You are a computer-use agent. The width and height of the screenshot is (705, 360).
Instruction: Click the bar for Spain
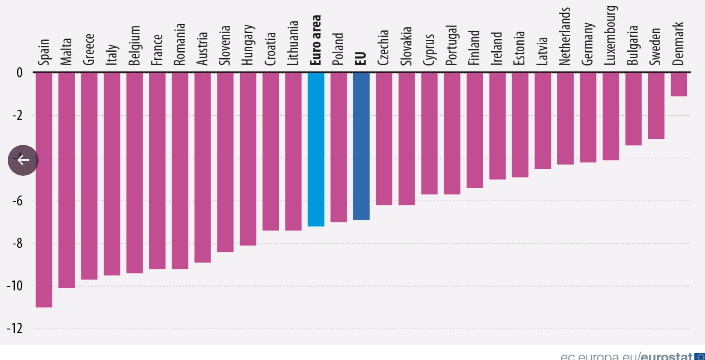44,189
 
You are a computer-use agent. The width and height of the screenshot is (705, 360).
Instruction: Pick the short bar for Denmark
679,84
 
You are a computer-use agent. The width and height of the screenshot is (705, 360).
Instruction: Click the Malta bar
67,180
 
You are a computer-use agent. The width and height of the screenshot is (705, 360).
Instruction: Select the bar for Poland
339,147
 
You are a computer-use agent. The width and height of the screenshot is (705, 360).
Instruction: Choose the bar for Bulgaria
633,108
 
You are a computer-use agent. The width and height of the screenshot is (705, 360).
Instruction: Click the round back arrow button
23,160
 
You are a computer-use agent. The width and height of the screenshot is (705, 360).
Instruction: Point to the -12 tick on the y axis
15,328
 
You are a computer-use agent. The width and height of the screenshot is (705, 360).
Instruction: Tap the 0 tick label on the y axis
19,72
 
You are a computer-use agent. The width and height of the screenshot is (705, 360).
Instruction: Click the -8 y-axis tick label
17,243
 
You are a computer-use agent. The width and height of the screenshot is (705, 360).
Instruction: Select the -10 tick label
15,286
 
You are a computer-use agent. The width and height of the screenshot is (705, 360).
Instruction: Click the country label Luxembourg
611,35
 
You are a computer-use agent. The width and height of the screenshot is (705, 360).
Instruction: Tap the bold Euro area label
316,40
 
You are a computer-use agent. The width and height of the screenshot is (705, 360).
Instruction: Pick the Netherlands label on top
565,36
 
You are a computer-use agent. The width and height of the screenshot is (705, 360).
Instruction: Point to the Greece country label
89,49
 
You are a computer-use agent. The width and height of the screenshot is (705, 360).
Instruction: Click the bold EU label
361,58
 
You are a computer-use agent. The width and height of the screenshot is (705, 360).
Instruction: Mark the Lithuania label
293,43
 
